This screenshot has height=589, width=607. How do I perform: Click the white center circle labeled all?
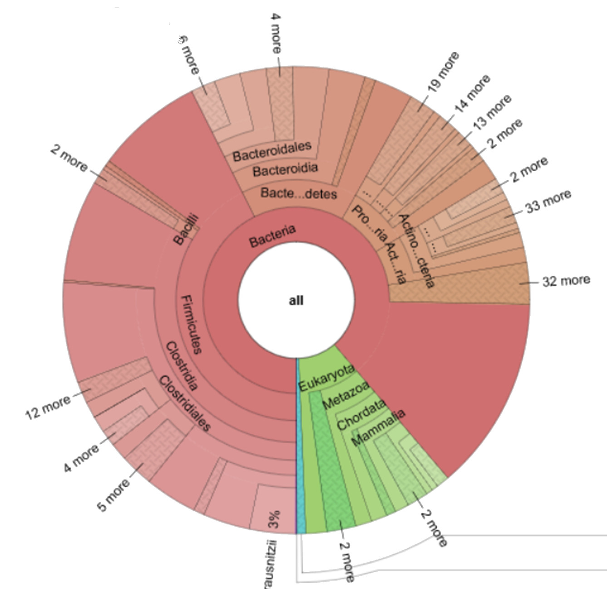pyautogui.click(x=296, y=300)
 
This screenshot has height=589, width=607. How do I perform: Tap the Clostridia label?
pyautogui.click(x=181, y=366)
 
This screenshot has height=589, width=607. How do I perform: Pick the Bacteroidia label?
pyautogui.click(x=285, y=170)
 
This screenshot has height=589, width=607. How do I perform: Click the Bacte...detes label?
pyautogui.click(x=298, y=193)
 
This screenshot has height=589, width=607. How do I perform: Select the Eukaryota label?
pyautogui.click(x=326, y=378)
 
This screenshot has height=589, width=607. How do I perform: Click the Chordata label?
pyautogui.click(x=361, y=414)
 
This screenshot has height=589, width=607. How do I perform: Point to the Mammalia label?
pyautogui.click(x=378, y=428)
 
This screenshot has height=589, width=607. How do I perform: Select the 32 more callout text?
pyautogui.click(x=566, y=281)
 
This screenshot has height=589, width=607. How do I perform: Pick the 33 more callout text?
pyautogui.click(x=548, y=202)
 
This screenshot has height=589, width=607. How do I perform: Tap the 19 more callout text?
pyautogui.click(x=443, y=72)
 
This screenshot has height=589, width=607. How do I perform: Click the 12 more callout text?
pyautogui.click(x=48, y=406)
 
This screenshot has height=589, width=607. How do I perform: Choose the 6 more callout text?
pyautogui.click(x=189, y=55)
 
